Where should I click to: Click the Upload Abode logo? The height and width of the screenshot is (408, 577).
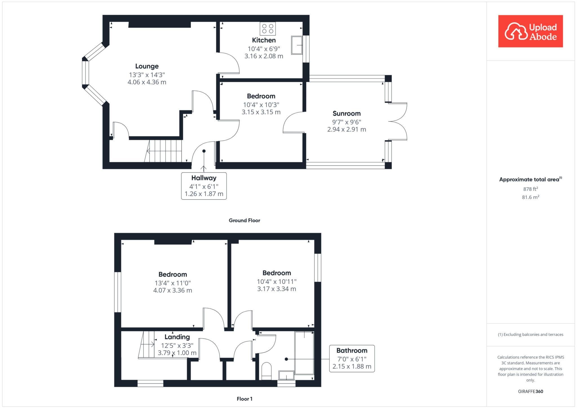pos(531,31)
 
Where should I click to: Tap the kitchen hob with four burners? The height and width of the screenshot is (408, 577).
pos(268,28)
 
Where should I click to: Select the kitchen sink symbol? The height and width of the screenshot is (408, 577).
pos(297,45)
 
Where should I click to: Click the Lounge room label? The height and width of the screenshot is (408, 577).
pos(147,66)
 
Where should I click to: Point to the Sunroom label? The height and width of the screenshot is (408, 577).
pos(347,114)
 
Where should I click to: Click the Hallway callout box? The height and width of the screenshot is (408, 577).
pos(204,186)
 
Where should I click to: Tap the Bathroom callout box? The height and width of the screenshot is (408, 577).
pos(352,358)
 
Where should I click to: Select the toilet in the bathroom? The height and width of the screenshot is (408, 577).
pos(266,371)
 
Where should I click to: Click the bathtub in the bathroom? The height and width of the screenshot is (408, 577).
pos(304,353)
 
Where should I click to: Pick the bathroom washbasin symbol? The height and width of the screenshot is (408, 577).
pos(286,375)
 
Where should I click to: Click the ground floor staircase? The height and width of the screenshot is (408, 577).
pos(163,151)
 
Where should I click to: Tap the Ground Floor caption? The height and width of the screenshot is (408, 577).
pos(244,220)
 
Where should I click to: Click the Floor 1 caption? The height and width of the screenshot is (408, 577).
pos(245,399)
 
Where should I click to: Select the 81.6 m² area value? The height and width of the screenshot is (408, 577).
pos(531,197)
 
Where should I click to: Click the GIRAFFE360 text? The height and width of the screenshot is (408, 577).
pos(531,391)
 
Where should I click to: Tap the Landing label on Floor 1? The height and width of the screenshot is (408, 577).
pos(177,337)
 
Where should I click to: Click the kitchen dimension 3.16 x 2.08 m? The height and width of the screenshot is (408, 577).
pos(264,56)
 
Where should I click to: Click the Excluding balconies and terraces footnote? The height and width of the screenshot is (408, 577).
pos(531,334)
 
